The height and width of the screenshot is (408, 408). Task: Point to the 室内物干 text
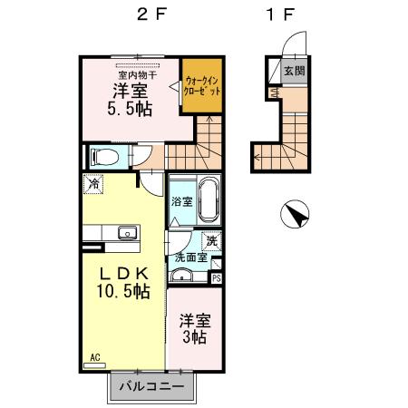137,74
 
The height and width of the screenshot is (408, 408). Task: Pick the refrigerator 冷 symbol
94,183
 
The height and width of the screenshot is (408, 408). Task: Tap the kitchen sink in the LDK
126,232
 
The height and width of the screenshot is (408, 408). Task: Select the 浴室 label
181,201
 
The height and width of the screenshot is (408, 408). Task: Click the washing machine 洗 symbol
210,241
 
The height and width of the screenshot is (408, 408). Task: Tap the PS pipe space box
216,278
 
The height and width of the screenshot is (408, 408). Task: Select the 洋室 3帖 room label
192,328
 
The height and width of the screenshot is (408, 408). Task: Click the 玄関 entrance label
292,71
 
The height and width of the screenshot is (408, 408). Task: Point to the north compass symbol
296,217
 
